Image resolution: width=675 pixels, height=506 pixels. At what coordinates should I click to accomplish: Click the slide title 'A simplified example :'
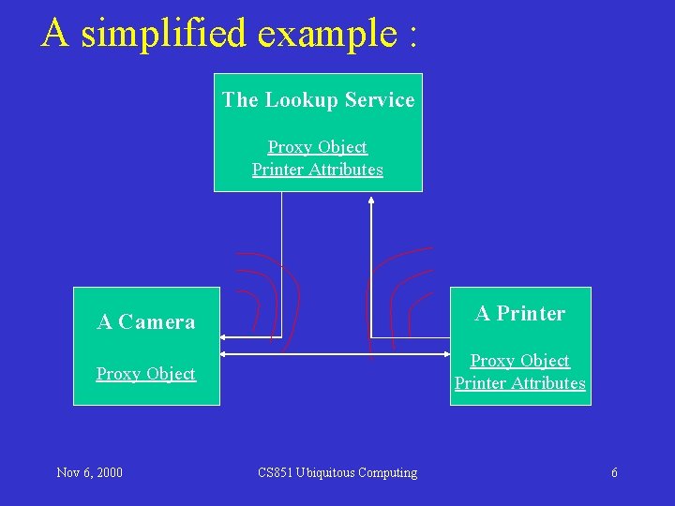[x=230, y=34]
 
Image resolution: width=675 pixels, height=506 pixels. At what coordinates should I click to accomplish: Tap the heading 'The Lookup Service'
[x=318, y=99]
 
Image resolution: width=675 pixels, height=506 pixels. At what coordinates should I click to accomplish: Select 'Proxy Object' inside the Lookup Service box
[x=318, y=147]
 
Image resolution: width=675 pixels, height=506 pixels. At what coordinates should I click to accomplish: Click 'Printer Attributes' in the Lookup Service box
[x=318, y=170]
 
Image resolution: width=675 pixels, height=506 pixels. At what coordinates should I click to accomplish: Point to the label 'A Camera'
[x=146, y=322]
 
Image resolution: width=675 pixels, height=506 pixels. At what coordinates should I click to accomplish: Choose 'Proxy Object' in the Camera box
[x=146, y=374]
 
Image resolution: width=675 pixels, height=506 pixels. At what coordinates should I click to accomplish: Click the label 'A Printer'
[x=520, y=314]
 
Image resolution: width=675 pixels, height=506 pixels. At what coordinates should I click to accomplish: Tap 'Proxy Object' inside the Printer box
[x=520, y=361]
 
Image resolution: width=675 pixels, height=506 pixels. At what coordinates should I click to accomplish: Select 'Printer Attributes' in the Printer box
[x=520, y=383]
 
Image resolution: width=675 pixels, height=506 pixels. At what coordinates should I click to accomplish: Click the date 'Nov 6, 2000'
[x=89, y=472]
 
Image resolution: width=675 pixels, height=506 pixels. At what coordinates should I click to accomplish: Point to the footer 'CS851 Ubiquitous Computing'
[x=337, y=472]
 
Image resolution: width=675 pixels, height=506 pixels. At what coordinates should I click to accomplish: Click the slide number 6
[x=614, y=472]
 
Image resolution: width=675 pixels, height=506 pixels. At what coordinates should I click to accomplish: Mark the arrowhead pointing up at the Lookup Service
[x=372, y=200]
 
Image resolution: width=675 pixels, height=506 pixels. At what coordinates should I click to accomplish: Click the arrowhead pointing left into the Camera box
[x=226, y=336]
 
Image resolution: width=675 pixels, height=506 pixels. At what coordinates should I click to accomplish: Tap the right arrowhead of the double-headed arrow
[x=444, y=354]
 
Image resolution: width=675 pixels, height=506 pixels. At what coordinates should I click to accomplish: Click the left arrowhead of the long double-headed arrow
[x=226, y=354]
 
